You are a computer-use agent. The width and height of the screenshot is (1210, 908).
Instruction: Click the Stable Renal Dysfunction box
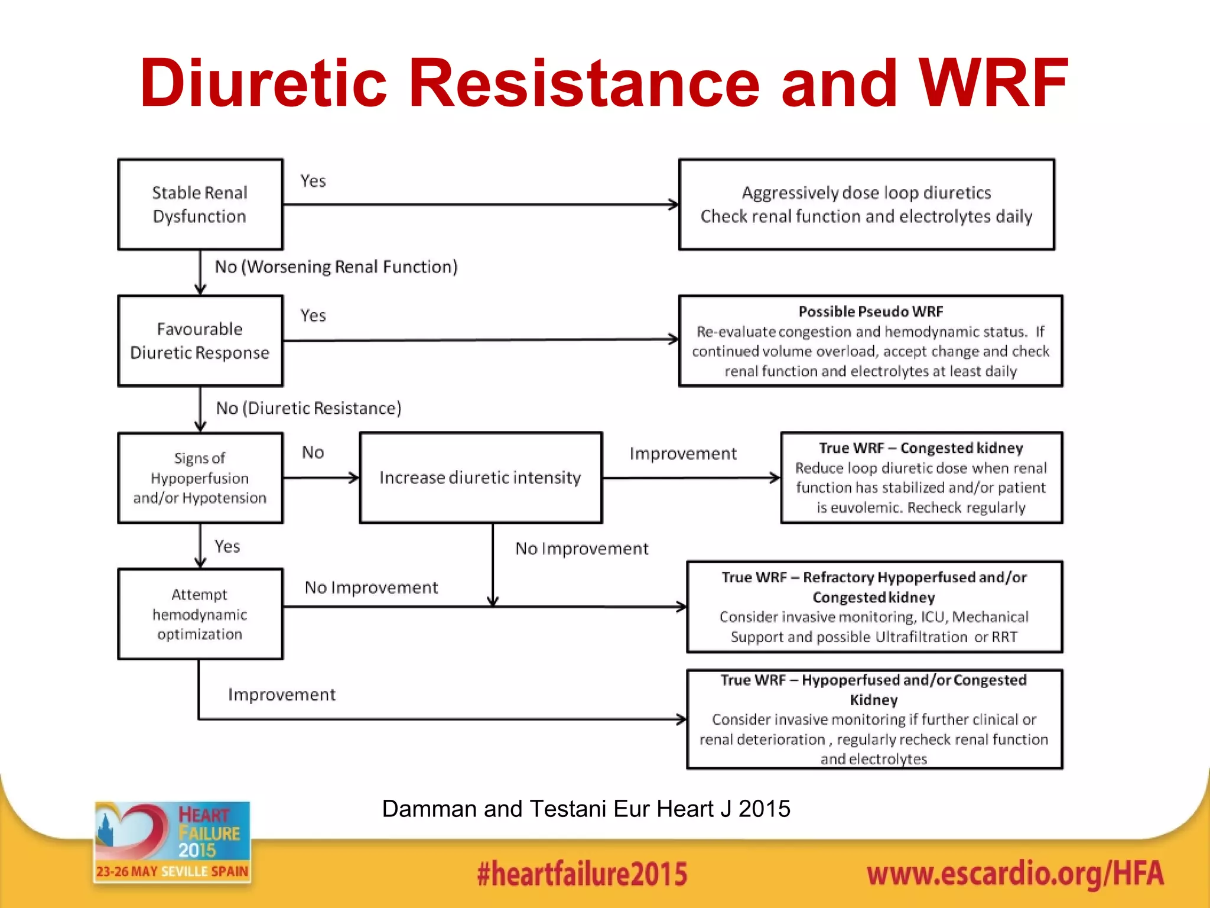tap(200, 205)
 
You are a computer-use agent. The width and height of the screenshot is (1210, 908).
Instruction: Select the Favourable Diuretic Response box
tap(200, 341)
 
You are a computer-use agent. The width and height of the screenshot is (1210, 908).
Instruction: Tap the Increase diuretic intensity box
tap(480, 478)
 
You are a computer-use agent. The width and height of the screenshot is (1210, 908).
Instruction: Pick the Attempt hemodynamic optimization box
tap(200, 614)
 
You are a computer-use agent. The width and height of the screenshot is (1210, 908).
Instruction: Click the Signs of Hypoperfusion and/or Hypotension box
tap(200, 478)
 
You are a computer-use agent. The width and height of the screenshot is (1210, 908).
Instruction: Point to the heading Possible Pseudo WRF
tap(870, 312)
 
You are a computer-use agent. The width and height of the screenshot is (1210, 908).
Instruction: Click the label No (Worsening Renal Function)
tap(336, 267)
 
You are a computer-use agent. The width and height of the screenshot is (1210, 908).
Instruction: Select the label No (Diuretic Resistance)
tap(308, 408)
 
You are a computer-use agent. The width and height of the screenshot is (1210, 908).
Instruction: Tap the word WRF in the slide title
tap(993, 83)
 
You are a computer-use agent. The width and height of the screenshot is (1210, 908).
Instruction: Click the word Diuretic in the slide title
tap(263, 83)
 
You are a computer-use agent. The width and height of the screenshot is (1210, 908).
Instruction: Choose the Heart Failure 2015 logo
tap(172, 842)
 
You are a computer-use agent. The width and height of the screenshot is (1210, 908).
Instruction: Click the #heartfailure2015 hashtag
tap(582, 874)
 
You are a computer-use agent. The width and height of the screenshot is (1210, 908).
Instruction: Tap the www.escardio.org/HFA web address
tap(1015, 874)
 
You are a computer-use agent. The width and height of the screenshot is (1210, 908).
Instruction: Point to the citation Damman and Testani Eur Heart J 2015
tap(586, 809)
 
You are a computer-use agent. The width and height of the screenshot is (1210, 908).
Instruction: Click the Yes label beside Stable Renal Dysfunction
tap(313, 181)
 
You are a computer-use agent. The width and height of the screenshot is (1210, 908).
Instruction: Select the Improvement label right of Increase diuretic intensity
tap(683, 453)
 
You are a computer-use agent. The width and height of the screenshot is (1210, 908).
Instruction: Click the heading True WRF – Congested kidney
tap(920, 448)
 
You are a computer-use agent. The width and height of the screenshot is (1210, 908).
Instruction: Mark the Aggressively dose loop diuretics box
tap(866, 205)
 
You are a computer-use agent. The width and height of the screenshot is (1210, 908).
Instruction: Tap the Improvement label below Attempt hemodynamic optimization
tap(282, 695)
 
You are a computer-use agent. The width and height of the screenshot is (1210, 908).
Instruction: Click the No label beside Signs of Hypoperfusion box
tap(313, 453)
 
